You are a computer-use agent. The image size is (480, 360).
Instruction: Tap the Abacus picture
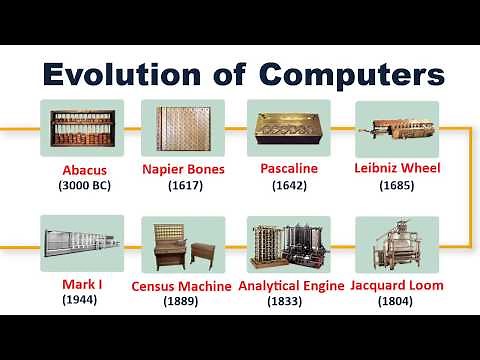pyautogui.click(x=82, y=128)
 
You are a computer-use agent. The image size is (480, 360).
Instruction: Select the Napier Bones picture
pyautogui.click(x=183, y=128)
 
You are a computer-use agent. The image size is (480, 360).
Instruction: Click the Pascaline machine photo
pyautogui.click(x=288, y=128)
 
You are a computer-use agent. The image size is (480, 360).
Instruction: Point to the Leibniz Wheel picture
pyautogui.click(x=397, y=128)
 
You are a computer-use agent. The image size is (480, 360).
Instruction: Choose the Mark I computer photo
pyautogui.click(x=82, y=243)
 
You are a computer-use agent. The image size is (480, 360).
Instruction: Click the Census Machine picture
pyautogui.click(x=183, y=244)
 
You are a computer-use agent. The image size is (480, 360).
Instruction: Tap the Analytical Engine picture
pyautogui.click(x=288, y=244)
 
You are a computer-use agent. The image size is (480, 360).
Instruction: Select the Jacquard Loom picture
pyautogui.click(x=397, y=244)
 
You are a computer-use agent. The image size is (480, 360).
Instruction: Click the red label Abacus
pyautogui.click(x=82, y=170)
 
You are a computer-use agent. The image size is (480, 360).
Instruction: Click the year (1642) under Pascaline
pyautogui.click(x=288, y=185)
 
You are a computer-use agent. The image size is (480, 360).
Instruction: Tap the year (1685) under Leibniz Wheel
pyautogui.click(x=397, y=185)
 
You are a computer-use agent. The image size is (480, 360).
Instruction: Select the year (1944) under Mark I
pyautogui.click(x=79, y=299)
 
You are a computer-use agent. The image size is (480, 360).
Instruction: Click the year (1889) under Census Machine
pyautogui.click(x=183, y=300)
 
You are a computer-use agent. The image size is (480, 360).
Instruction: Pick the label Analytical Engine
pyautogui.click(x=288, y=285)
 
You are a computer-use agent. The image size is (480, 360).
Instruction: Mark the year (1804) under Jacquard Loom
pyautogui.click(x=397, y=300)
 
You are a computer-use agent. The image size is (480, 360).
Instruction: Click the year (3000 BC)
pyautogui.click(x=82, y=185)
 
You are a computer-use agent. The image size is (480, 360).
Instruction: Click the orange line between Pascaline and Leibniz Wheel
pyautogui.click(x=342, y=128)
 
